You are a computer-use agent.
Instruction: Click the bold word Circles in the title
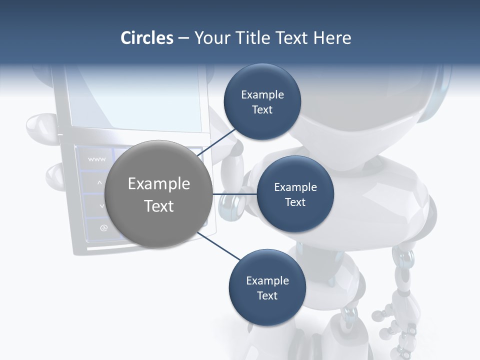[x=146, y=38]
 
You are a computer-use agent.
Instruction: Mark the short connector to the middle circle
[x=234, y=194]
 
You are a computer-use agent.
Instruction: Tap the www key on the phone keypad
[x=96, y=159]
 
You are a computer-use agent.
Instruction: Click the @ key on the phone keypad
[x=103, y=228]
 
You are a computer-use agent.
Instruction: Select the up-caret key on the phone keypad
[x=99, y=183]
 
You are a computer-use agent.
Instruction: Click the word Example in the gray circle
[x=159, y=184]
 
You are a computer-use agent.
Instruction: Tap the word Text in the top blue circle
[x=262, y=110]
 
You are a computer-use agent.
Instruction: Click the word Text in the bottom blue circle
[x=267, y=295]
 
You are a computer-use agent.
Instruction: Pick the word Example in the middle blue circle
[x=295, y=187]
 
